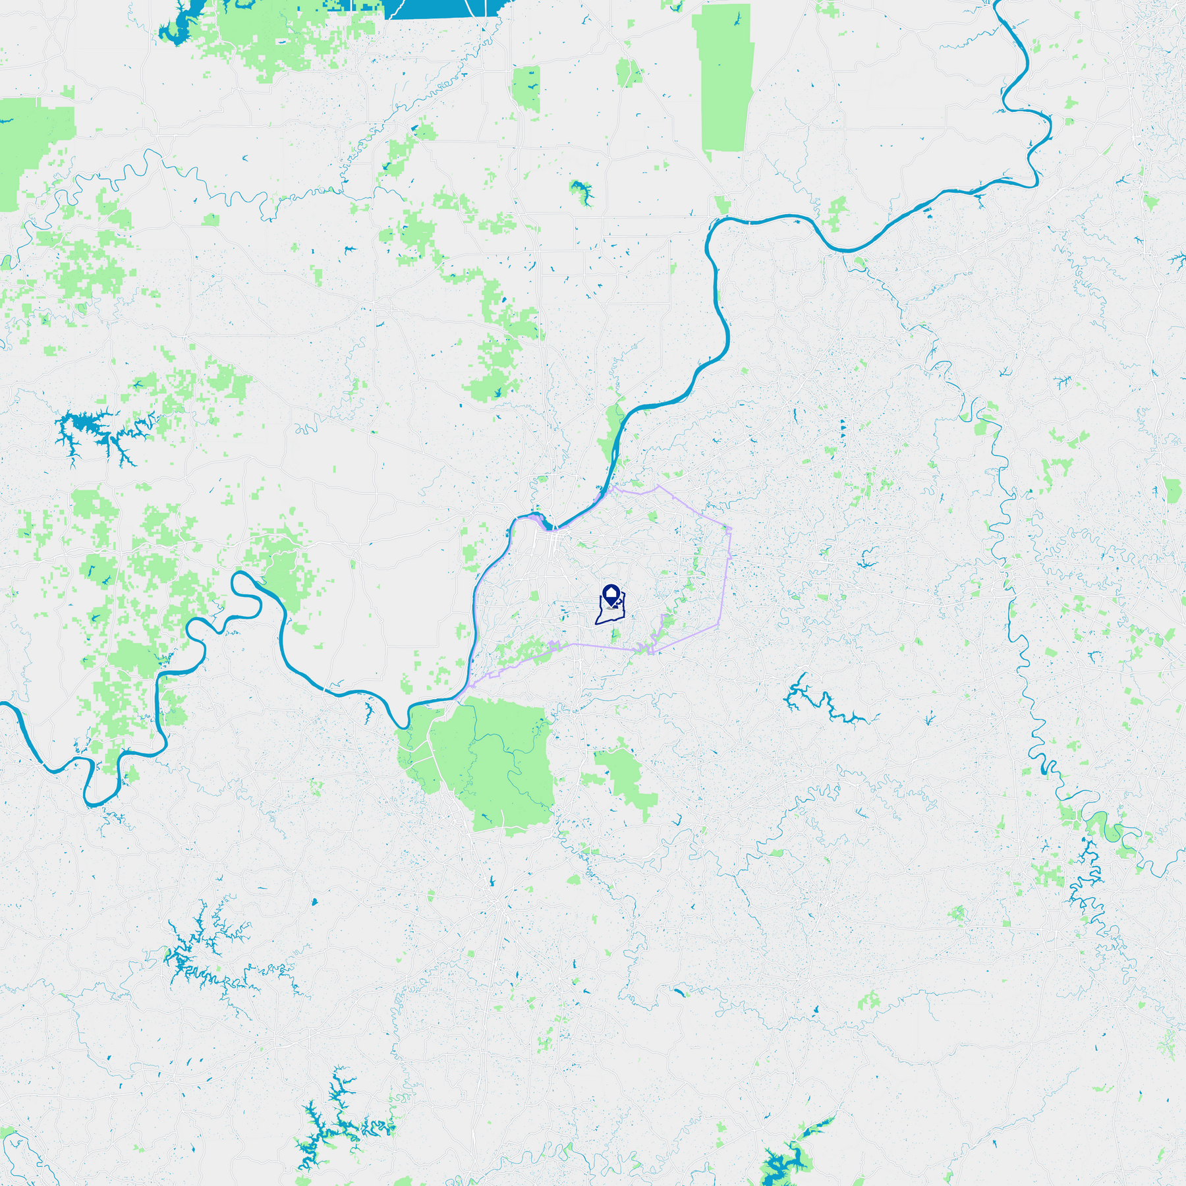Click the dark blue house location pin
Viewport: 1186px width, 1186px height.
(x=611, y=593)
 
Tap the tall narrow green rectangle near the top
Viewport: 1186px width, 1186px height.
(x=723, y=79)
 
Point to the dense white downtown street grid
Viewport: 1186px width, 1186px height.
(x=550, y=544)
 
